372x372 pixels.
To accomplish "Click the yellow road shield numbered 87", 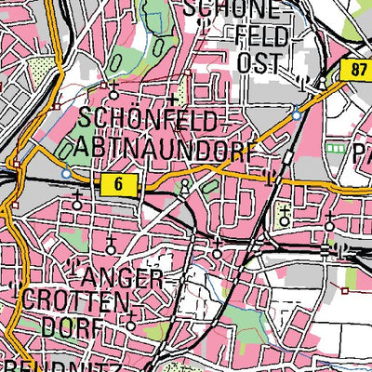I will [x=360, y=69].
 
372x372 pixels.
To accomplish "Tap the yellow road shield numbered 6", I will [x=120, y=184].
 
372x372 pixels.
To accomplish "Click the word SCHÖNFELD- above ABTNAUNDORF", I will [x=153, y=119].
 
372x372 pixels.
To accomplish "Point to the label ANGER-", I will [x=118, y=276].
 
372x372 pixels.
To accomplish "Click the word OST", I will [x=259, y=62].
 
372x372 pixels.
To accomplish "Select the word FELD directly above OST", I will [x=258, y=36].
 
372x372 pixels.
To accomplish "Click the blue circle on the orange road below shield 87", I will [x=296, y=115].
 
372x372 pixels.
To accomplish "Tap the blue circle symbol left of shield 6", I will [x=66, y=174].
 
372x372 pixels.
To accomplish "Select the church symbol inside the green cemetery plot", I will [x=285, y=217].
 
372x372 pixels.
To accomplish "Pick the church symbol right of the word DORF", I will [x=131, y=325].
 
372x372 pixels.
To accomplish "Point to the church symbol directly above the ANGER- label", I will [x=113, y=246].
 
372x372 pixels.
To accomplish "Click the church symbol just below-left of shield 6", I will [x=76, y=204].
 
